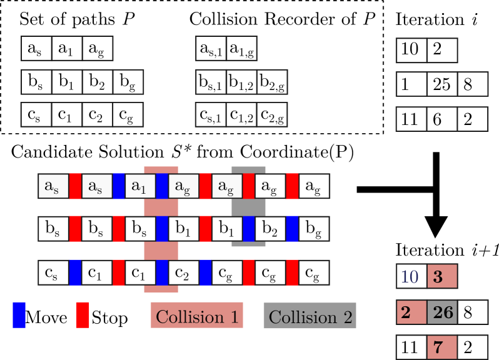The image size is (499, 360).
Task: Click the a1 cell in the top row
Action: (139, 186)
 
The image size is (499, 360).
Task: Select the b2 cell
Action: (270, 229)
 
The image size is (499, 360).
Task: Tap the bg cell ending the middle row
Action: (313, 229)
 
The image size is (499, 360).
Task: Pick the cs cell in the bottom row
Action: (53, 273)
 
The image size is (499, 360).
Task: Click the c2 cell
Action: (183, 273)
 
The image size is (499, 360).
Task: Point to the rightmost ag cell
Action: (313, 186)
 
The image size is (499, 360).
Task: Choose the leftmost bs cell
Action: (53, 229)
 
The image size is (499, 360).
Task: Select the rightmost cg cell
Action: (313, 273)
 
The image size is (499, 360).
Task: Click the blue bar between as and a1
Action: (119, 186)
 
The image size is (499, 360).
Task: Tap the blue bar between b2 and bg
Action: (292, 229)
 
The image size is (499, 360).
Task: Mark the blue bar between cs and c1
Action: (75, 273)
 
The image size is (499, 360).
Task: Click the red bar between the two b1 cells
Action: (205, 229)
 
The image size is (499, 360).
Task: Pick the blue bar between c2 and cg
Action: (205, 273)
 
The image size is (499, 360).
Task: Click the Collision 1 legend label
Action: (197, 316)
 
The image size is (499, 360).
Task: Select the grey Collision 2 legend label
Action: (310, 316)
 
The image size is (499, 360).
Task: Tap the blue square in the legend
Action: (19, 315)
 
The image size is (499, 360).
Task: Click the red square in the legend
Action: (83, 315)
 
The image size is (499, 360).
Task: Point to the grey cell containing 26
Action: (443, 312)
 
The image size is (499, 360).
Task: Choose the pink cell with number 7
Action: (443, 347)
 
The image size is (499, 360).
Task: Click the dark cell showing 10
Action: (411, 276)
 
